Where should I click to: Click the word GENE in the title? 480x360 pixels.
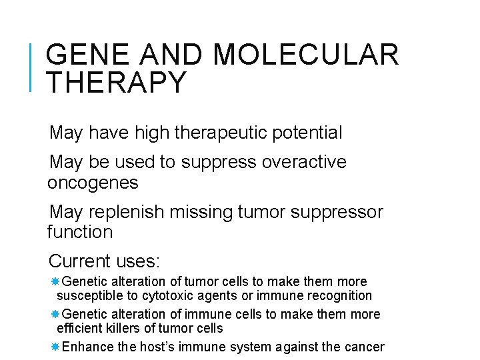(x=85, y=55)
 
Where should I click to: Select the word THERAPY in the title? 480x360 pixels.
(x=117, y=82)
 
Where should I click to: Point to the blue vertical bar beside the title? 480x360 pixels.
(x=31, y=66)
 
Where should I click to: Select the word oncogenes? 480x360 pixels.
(x=93, y=182)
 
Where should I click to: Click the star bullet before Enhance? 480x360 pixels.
(x=55, y=347)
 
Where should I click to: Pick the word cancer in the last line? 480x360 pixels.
(x=366, y=347)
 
